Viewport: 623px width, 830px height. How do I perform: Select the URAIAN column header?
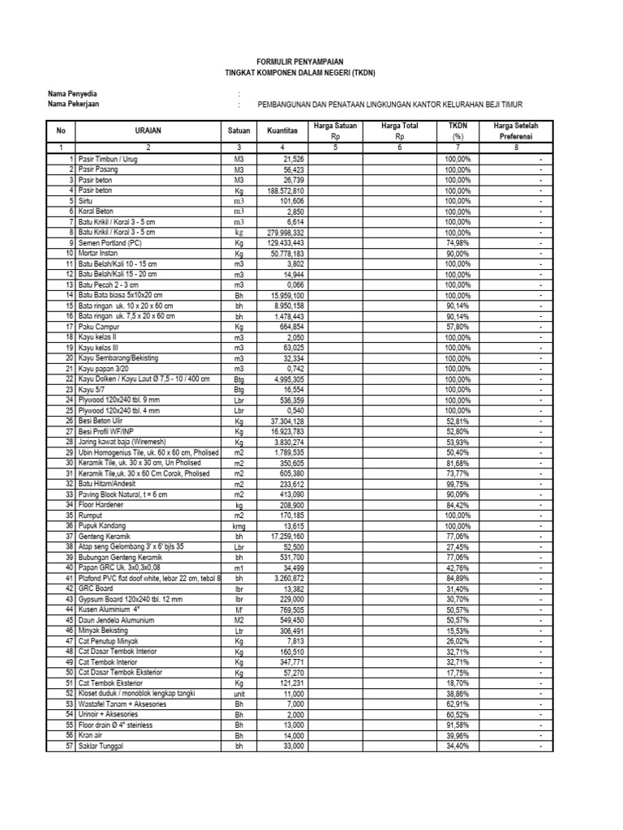click(x=148, y=130)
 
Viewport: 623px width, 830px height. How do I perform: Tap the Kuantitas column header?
click(x=281, y=130)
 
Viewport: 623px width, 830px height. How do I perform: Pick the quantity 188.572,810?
click(x=282, y=190)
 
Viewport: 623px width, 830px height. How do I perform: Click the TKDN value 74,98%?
click(x=458, y=242)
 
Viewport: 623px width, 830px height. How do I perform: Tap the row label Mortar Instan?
click(x=100, y=253)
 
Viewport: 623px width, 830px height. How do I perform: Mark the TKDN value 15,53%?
click(x=458, y=631)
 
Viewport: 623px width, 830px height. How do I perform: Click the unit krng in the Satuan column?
click(x=239, y=526)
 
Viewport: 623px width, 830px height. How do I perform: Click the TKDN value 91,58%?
click(x=458, y=725)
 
